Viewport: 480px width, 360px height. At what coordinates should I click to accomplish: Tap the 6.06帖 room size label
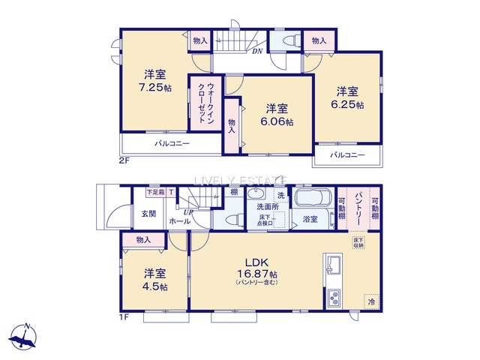(278, 121)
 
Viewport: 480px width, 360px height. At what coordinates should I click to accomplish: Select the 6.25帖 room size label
(349, 105)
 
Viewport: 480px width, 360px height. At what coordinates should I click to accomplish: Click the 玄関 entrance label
(148, 214)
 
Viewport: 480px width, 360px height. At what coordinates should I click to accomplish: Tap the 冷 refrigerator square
(370, 300)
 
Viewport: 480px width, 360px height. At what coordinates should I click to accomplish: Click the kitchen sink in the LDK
(334, 266)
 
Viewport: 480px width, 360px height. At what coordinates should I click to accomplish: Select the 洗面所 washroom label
(265, 205)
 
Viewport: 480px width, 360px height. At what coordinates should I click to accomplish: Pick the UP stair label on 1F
(186, 214)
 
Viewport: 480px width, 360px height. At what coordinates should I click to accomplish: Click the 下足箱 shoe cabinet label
(154, 193)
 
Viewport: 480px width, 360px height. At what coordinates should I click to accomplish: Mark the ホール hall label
(179, 222)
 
